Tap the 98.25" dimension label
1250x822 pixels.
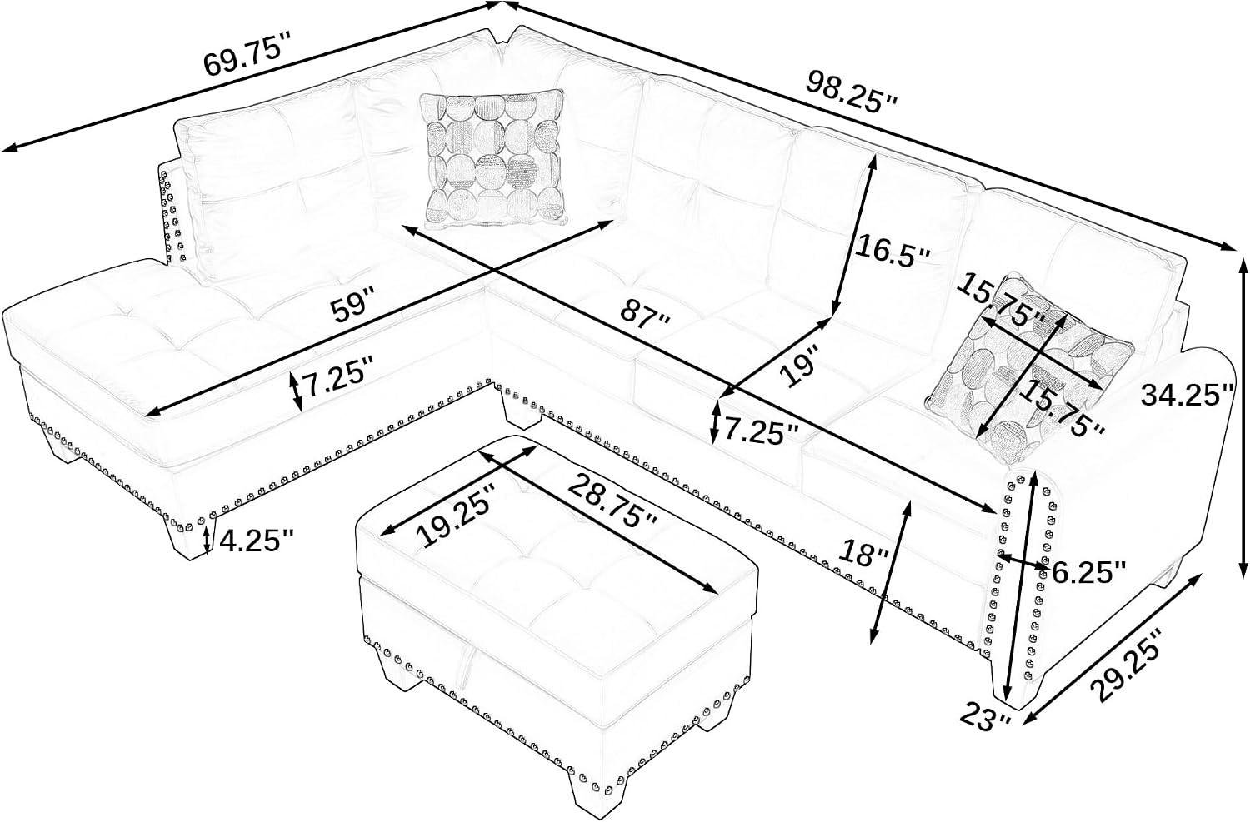point(852,98)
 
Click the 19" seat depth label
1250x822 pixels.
point(800,365)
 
